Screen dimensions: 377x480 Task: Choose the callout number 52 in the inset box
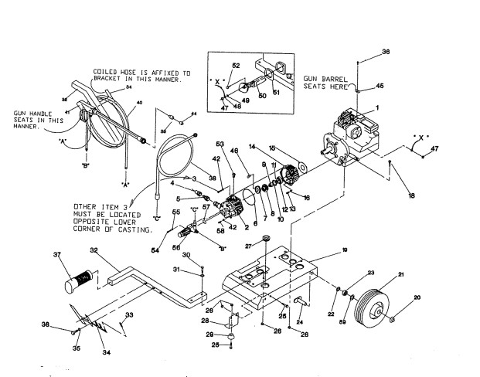pyautogui.click(x=236, y=65)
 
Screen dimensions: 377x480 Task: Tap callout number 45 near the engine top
pyautogui.click(x=379, y=86)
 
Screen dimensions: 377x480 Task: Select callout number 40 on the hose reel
pyautogui.click(x=138, y=103)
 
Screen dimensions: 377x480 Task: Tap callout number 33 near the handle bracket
pyautogui.click(x=129, y=314)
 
